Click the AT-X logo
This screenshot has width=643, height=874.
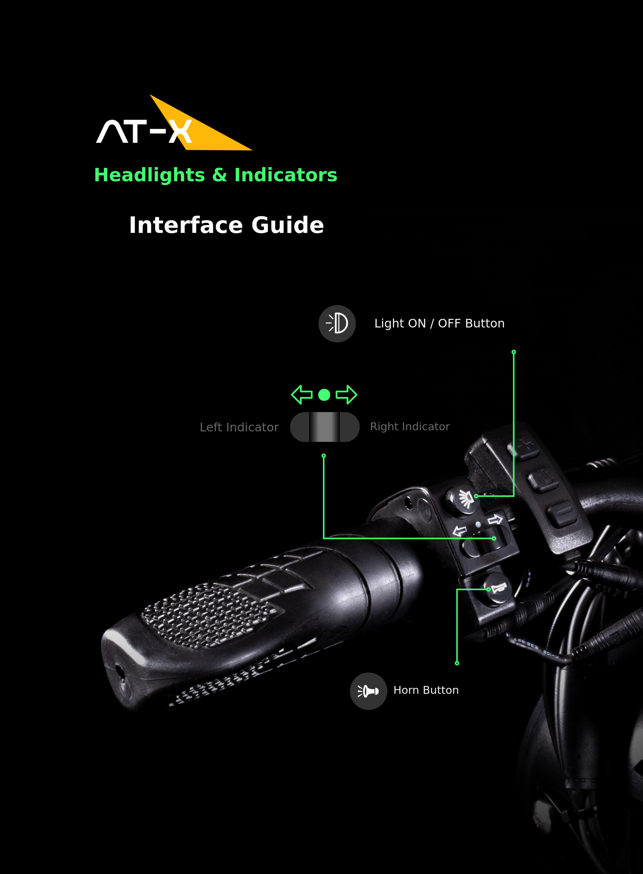[x=174, y=123]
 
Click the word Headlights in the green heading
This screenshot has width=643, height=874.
[x=150, y=175]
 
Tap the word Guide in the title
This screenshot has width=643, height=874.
[x=287, y=225]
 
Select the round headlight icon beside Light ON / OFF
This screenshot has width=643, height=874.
[x=337, y=324]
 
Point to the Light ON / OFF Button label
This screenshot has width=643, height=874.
[x=439, y=323]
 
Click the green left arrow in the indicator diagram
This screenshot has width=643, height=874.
[x=302, y=395]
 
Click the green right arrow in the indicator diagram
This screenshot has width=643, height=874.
[x=347, y=395]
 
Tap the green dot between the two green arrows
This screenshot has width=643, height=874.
[x=324, y=395]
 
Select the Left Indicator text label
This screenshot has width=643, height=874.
[x=239, y=427]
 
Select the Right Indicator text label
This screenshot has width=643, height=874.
[x=410, y=427]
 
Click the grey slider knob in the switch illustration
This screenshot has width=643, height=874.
[x=324, y=427]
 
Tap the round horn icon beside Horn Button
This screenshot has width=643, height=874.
[x=368, y=691]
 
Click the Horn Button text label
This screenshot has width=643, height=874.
[x=426, y=690]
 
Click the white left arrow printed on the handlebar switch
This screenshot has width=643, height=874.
[x=460, y=530]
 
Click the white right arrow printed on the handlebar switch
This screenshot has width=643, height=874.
[x=495, y=520]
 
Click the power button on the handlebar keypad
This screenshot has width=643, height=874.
[x=543, y=479]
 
